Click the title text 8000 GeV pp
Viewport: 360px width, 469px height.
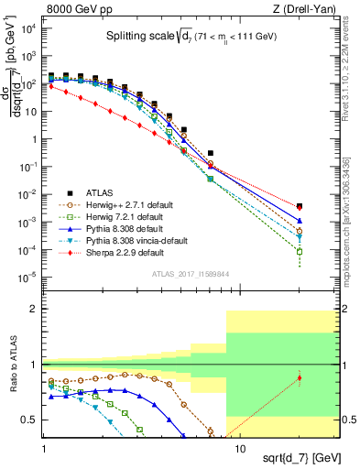(76, 8)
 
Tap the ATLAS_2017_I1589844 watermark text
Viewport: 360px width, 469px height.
(191, 274)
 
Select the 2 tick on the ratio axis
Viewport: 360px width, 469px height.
(33, 310)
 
